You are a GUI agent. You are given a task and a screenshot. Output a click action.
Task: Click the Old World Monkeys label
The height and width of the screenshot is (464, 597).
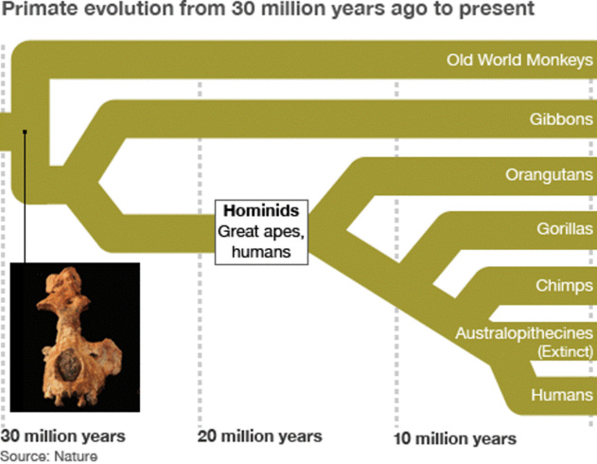pyautogui.click(x=519, y=61)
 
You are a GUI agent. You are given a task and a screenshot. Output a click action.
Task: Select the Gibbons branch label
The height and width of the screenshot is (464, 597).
pyautogui.click(x=561, y=119)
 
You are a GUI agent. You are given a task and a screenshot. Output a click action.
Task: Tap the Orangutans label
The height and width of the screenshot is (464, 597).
pyautogui.click(x=549, y=175)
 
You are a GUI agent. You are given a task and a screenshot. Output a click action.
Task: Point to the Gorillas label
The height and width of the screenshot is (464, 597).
pyautogui.click(x=565, y=228)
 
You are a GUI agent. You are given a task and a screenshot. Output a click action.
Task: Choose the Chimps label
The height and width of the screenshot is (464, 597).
pyautogui.click(x=564, y=285)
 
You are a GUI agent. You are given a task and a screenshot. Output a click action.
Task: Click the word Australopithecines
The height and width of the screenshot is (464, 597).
pyautogui.click(x=524, y=333)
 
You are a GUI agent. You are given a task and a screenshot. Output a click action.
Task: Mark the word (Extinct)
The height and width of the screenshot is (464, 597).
pyautogui.click(x=566, y=351)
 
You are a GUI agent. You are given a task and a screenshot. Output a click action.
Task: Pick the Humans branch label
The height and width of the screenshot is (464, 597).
pyautogui.click(x=562, y=395)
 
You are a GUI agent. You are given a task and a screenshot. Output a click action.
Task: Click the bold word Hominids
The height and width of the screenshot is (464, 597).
pyautogui.click(x=261, y=210)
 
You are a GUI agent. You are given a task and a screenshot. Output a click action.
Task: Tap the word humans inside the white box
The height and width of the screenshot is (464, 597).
pyautogui.click(x=261, y=252)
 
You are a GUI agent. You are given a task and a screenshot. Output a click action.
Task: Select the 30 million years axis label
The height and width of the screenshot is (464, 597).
pyautogui.click(x=62, y=437)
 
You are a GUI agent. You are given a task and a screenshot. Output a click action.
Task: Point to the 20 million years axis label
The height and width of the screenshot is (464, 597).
pyautogui.click(x=259, y=437)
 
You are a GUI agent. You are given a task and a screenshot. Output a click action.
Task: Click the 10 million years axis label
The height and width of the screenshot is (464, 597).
pyautogui.click(x=454, y=438)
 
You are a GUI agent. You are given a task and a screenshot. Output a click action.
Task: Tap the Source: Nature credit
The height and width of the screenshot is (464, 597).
pyautogui.click(x=49, y=456)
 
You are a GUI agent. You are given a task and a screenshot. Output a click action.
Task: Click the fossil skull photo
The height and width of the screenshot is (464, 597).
pyautogui.click(x=75, y=337)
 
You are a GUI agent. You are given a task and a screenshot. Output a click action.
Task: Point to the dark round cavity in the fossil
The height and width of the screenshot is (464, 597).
pyautogui.click(x=69, y=365)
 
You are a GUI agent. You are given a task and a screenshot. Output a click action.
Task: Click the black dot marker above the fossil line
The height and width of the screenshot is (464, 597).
pyautogui.click(x=25, y=132)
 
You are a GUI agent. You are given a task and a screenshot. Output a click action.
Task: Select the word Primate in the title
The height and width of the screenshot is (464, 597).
pyautogui.click(x=39, y=9)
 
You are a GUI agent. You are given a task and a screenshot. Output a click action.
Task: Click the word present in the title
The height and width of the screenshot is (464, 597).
pyautogui.click(x=497, y=9)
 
